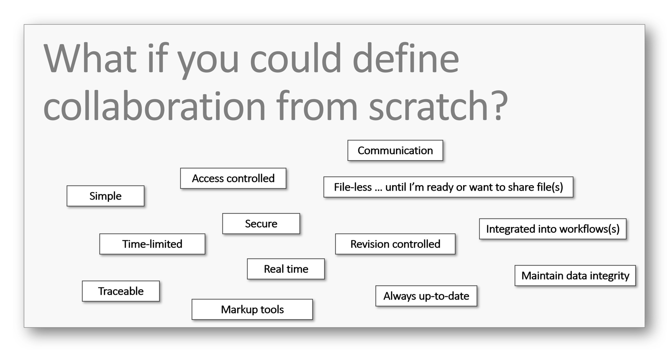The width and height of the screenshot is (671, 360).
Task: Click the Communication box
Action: pos(395,151)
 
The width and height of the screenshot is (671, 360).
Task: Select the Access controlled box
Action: pos(233,178)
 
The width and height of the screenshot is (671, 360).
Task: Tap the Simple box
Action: pos(106,196)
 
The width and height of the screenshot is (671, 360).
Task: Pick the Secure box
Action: pos(261,224)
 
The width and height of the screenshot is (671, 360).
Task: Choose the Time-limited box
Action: pos(152,244)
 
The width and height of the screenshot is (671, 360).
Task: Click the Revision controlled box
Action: pos(395,244)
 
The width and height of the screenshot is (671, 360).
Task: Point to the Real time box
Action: pos(286,269)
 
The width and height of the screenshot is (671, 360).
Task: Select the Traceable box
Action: pos(121,291)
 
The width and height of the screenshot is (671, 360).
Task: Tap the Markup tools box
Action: pos(252,309)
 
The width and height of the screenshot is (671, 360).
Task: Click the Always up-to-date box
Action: pos(426,296)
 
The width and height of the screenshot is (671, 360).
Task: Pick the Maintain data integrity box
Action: pos(575,276)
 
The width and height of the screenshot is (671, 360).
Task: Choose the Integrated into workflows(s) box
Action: pos(553,229)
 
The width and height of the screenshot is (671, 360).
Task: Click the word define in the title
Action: pos(406,58)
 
